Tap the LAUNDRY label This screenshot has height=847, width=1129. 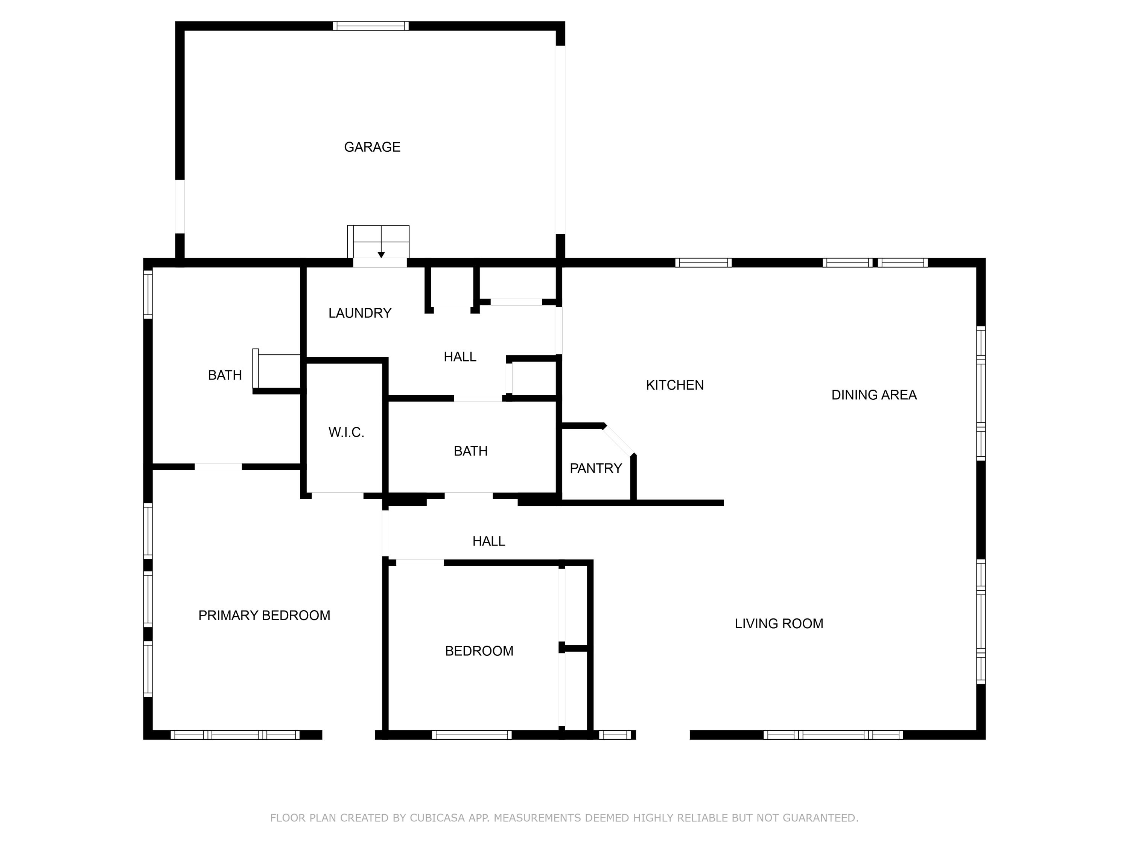click(360, 313)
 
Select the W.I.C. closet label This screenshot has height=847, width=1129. click(346, 433)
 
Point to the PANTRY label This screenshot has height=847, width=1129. click(596, 468)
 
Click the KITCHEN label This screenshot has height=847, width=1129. click(674, 385)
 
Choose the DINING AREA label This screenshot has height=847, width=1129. click(874, 395)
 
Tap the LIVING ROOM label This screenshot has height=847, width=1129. click(779, 623)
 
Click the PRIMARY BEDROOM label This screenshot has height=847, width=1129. click(264, 615)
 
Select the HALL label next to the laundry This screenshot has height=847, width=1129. click(460, 357)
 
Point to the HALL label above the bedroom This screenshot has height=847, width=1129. click(488, 541)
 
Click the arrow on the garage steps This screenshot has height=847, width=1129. click(381, 254)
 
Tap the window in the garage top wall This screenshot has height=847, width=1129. click(371, 26)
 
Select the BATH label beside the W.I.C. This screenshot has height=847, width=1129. click(470, 451)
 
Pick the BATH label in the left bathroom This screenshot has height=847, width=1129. click(225, 375)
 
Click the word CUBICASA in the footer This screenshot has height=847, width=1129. click(437, 817)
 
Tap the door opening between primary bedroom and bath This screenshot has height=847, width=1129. click(218, 466)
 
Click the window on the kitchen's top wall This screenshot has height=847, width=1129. click(703, 262)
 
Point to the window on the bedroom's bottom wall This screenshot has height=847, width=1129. click(472, 735)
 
